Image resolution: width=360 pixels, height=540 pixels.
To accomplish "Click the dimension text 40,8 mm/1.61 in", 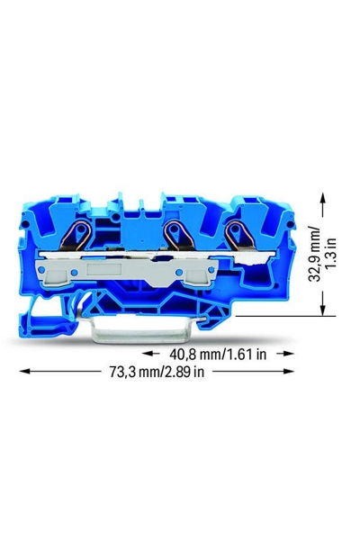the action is click(x=218, y=354).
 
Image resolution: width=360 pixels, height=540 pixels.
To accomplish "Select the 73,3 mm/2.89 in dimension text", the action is click(x=157, y=372).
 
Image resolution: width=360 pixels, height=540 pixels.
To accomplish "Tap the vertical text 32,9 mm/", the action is click(x=314, y=254).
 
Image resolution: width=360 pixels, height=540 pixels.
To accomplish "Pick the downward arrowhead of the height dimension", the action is click(x=322, y=310).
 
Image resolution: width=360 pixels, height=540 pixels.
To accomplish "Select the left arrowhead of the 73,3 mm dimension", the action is click(x=26, y=371).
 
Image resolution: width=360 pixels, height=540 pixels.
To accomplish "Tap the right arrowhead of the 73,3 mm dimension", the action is click(x=288, y=371).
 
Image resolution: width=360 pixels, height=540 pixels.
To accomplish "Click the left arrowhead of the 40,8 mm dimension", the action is click(x=148, y=354).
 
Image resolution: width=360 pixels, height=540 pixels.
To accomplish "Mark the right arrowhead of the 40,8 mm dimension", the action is click(x=288, y=354).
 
